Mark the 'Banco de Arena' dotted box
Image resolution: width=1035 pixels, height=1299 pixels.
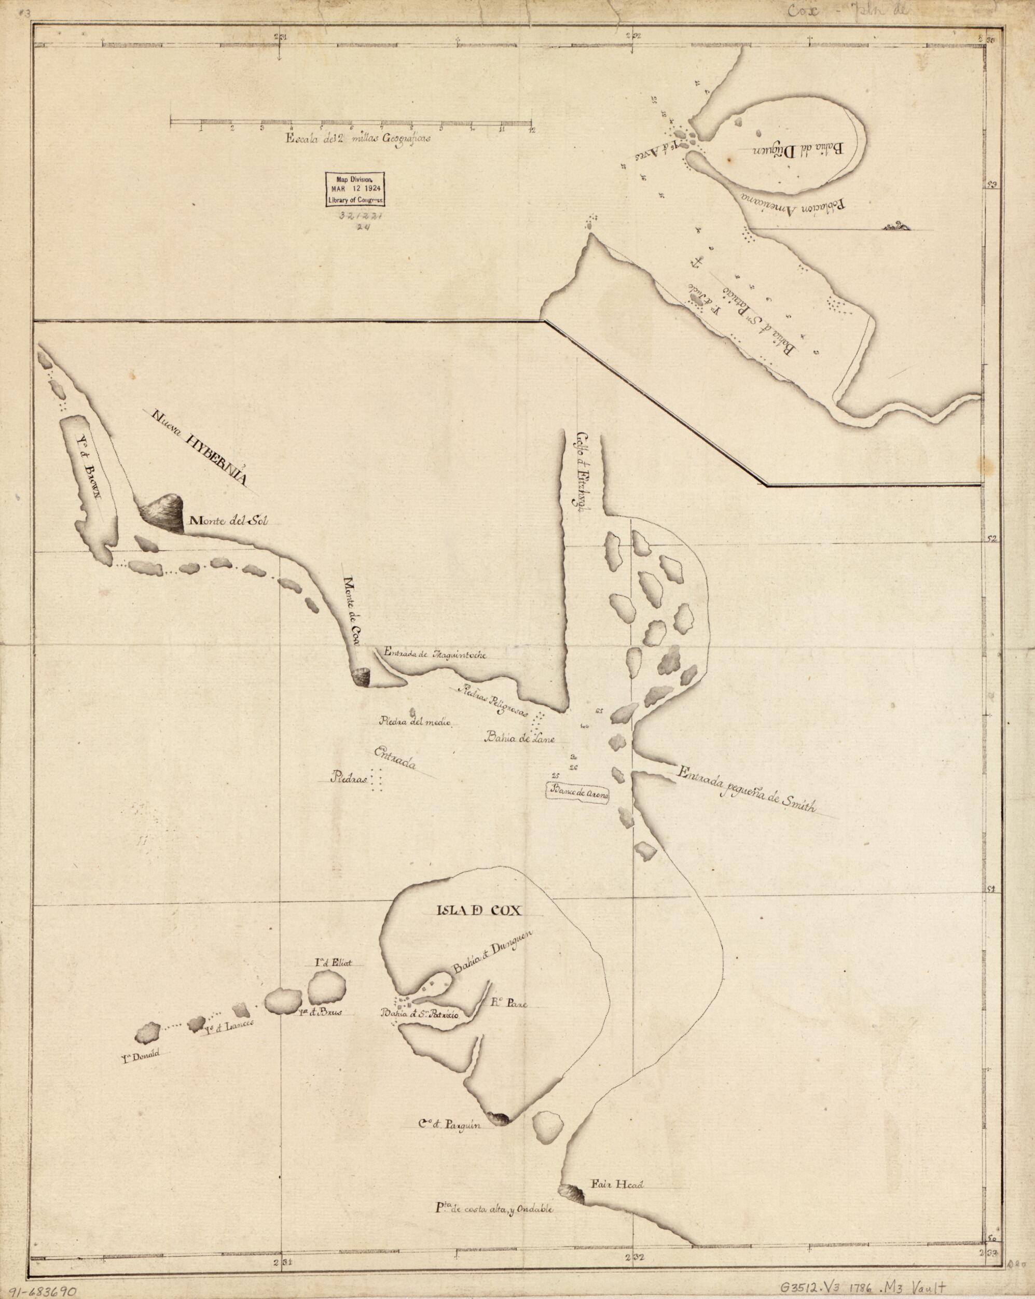578,795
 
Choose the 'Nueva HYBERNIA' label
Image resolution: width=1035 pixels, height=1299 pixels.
201,451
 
